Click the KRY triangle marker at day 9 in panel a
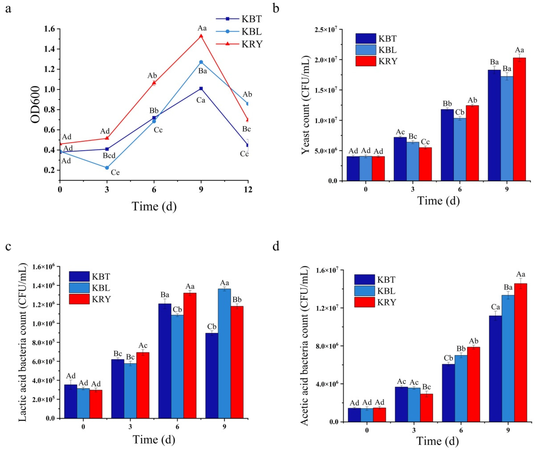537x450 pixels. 201,36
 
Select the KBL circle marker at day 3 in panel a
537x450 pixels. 107,168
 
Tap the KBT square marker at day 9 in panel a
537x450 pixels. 201,89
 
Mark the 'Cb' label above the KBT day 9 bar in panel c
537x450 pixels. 212,327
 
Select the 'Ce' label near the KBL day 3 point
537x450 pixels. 115,173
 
